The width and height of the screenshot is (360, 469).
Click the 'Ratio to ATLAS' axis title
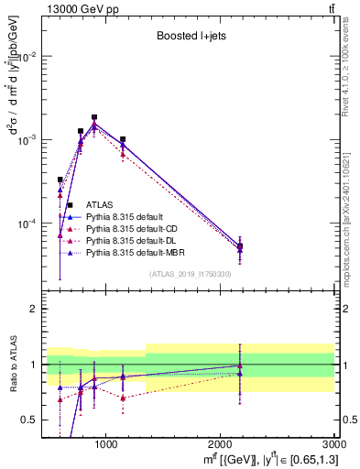click(12, 365)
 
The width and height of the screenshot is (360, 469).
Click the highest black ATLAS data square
click(94, 117)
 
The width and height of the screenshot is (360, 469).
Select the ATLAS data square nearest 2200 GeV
click(240, 246)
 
